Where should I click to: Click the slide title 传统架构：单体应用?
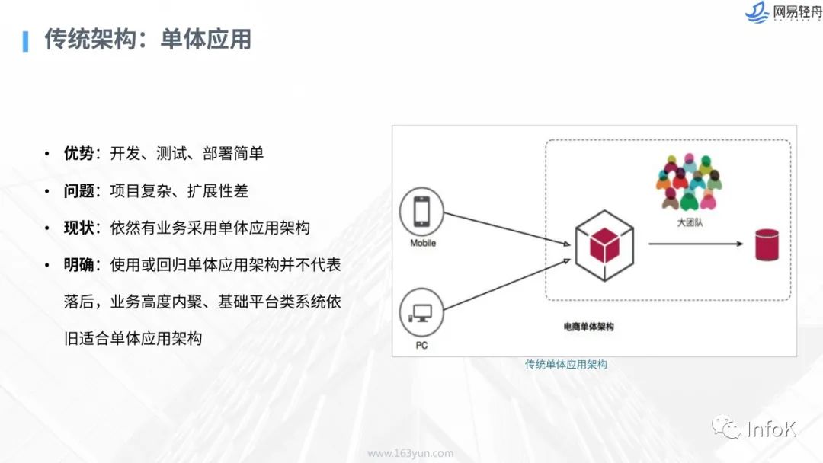[148, 40]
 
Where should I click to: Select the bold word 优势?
[78, 153]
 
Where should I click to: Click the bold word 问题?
[78, 190]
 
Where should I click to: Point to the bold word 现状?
[78, 228]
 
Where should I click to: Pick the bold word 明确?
[78, 265]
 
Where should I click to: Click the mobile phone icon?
[423, 212]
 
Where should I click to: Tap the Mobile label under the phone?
[423, 244]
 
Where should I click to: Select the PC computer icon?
[421, 313]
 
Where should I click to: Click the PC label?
[421, 345]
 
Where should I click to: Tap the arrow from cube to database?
[695, 244]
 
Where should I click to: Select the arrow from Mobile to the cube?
[506, 228]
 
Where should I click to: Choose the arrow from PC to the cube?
[506, 286]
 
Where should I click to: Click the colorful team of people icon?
[688, 183]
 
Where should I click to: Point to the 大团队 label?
[688, 223]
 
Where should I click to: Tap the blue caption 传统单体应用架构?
[565, 365]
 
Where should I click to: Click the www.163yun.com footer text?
[410, 453]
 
